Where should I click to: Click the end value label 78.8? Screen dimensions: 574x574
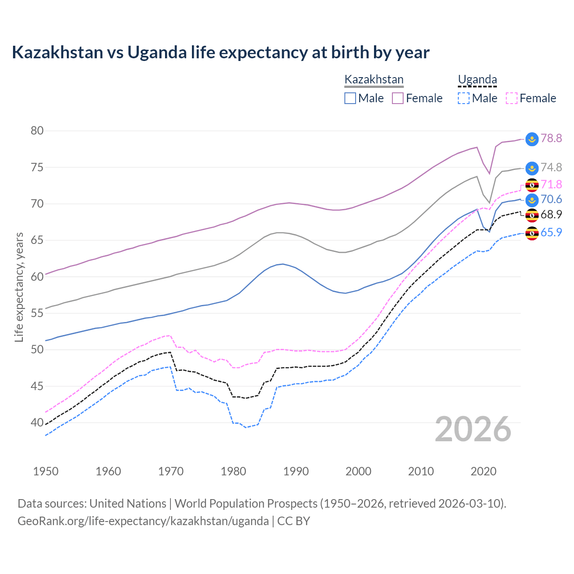pyautogui.click(x=551, y=138)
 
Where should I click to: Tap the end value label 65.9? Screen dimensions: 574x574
pyautogui.click(x=551, y=232)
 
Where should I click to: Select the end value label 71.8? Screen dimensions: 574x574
pyautogui.click(x=551, y=184)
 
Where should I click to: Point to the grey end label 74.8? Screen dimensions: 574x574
pyautogui.click(x=551, y=167)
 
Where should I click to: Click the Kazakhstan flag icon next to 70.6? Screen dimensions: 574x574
pyautogui.click(x=532, y=200)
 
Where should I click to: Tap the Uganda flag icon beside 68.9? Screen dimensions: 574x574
pyautogui.click(x=532, y=215)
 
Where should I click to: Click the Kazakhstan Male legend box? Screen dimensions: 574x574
pyautogui.click(x=350, y=98)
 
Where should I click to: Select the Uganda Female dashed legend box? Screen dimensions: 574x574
pyautogui.click(x=512, y=98)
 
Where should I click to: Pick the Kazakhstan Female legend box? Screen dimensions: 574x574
pyautogui.click(x=398, y=98)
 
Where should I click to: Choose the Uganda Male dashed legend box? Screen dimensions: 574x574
pyautogui.click(x=464, y=98)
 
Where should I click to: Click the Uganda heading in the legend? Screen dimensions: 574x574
pyautogui.click(x=477, y=80)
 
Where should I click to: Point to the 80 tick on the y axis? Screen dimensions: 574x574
pyautogui.click(x=37, y=131)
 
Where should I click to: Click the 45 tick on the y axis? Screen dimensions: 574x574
pyautogui.click(x=37, y=386)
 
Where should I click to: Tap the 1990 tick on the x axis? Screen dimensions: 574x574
pyautogui.click(x=296, y=471)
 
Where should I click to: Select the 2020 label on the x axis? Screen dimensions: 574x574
pyautogui.click(x=483, y=471)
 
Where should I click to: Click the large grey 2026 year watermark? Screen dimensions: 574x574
pyautogui.click(x=473, y=430)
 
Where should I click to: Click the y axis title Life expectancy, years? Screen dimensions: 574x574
pyautogui.click(x=19, y=287)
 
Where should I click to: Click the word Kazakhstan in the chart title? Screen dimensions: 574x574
pyautogui.click(x=57, y=52)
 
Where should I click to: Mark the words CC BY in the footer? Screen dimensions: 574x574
pyautogui.click(x=294, y=521)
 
